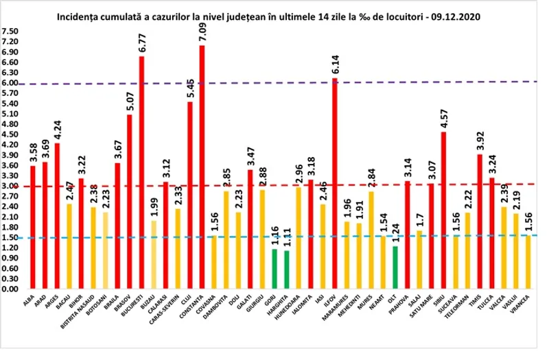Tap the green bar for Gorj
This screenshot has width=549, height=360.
point(274,269)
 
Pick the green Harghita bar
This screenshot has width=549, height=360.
point(286,269)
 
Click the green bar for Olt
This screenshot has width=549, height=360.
point(395,267)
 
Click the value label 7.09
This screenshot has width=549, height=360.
point(202,33)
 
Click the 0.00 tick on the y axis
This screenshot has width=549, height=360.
point(10,289)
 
